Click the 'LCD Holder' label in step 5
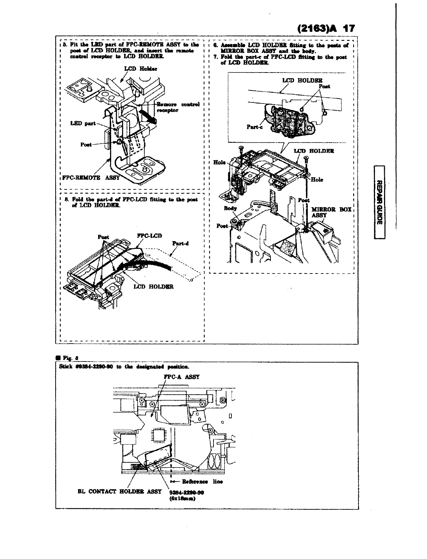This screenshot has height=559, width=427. coord(135,69)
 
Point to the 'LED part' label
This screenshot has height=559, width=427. coord(83,123)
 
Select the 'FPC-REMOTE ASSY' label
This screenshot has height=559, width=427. coord(91,178)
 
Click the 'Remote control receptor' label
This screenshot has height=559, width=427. coord(178,107)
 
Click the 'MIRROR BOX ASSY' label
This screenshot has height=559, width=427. coord(331,212)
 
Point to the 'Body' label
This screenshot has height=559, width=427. coord(230,208)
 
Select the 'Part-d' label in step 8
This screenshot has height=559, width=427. coord(180,243)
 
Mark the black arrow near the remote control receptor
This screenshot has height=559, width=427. coord(147,116)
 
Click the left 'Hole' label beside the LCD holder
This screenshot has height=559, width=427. coord(219,162)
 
